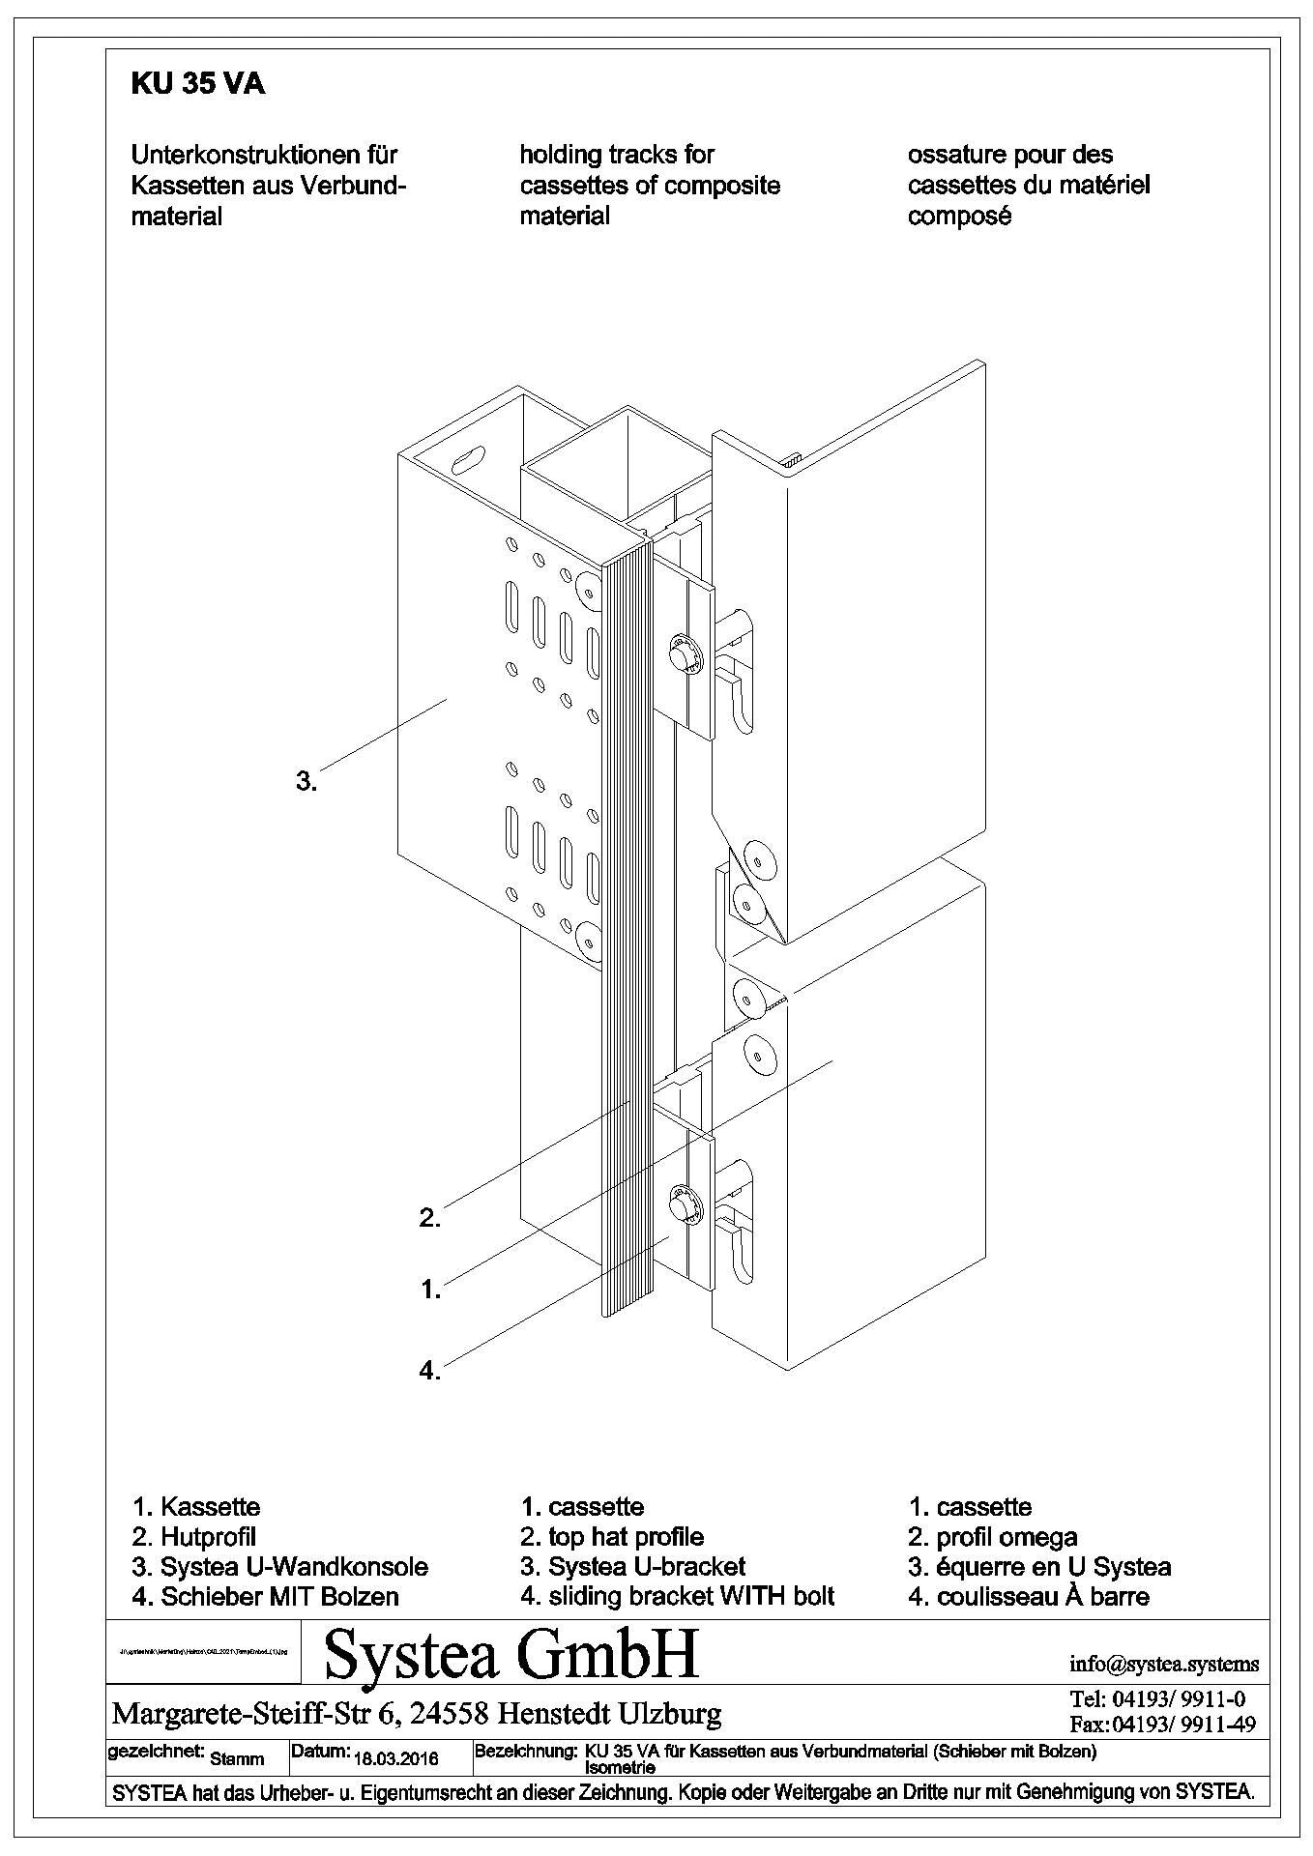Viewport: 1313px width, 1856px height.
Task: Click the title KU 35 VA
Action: coord(197,85)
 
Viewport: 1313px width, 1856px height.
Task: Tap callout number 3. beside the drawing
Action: coord(306,781)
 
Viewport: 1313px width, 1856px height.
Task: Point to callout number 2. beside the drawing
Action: coord(429,1218)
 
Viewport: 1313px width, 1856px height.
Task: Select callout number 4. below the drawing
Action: coord(429,1370)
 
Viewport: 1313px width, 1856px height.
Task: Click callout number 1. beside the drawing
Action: coord(429,1289)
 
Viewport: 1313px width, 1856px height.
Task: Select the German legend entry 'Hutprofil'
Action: coord(208,1536)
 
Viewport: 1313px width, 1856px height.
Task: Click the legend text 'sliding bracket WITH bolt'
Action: coord(691,1596)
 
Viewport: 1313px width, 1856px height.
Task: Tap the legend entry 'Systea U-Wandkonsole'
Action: coord(294,1566)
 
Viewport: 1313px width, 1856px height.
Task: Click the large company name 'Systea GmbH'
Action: coord(511,1655)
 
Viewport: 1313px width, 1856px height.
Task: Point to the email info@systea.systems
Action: coord(1164,1664)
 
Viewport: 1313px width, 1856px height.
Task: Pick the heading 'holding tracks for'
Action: coord(617,155)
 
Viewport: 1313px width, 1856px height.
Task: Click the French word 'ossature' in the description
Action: coord(956,155)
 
